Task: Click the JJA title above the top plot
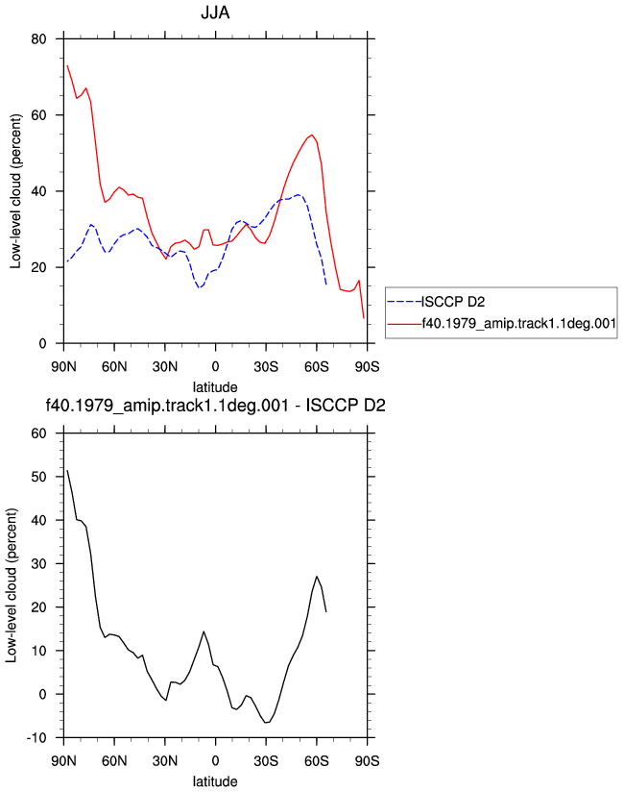pyautogui.click(x=215, y=12)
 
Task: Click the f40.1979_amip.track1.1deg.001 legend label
pyautogui.click(x=519, y=323)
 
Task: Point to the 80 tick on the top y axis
pyautogui.click(x=38, y=38)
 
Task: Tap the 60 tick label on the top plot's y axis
pyautogui.click(x=38, y=115)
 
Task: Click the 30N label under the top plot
pyautogui.click(x=165, y=367)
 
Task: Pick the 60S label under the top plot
pyautogui.click(x=316, y=367)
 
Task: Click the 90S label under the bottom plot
pyautogui.click(x=367, y=761)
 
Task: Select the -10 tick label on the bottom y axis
pyautogui.click(x=36, y=738)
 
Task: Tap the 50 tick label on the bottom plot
pyautogui.click(x=38, y=477)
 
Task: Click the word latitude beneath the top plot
pyautogui.click(x=215, y=387)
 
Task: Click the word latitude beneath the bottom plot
pyautogui.click(x=215, y=781)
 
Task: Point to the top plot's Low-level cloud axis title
pyautogui.click(x=16, y=191)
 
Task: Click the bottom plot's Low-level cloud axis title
pyautogui.click(x=12, y=585)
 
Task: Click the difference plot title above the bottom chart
pyautogui.click(x=215, y=405)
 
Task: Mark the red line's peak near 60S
pyautogui.click(x=312, y=135)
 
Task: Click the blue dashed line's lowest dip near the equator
pyautogui.click(x=200, y=287)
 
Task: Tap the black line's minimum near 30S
pyautogui.click(x=266, y=723)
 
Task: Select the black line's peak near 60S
pyautogui.click(x=316, y=577)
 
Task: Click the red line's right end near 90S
pyautogui.click(x=364, y=318)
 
